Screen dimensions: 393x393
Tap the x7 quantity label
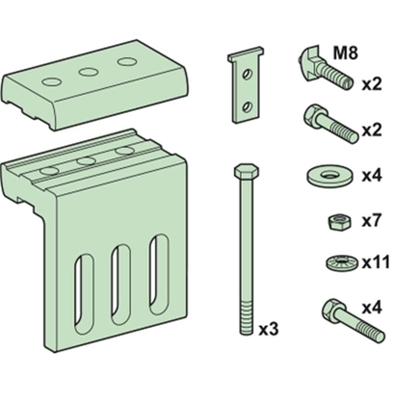(x=372, y=221)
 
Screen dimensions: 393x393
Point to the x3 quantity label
(x=268, y=329)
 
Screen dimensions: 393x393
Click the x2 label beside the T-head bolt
(x=372, y=84)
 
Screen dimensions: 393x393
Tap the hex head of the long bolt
(x=246, y=170)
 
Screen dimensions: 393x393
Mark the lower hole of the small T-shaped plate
(x=247, y=106)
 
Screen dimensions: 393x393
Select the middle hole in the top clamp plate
(x=88, y=71)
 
